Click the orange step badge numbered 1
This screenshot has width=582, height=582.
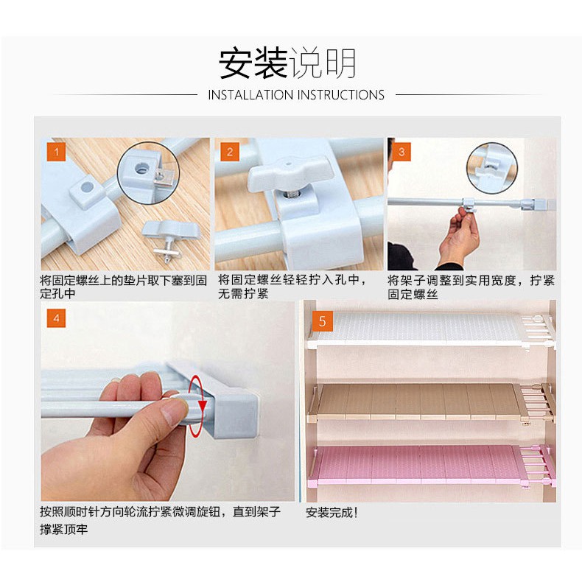click(57, 152)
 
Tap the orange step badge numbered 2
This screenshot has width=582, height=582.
click(230, 152)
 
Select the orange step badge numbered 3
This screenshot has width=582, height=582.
click(402, 152)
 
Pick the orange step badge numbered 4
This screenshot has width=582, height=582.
click(57, 318)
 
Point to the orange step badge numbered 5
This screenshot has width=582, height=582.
click(323, 321)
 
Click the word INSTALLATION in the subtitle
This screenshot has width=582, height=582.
click(250, 95)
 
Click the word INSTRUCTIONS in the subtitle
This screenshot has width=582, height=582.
click(341, 95)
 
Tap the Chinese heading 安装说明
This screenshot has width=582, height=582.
click(287, 63)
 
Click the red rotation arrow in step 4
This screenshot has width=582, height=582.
click(197, 406)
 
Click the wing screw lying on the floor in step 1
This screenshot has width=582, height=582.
click(170, 239)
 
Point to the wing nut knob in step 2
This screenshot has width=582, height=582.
click(287, 172)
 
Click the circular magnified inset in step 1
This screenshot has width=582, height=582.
click(149, 172)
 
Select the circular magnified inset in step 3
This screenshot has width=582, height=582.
click(492, 168)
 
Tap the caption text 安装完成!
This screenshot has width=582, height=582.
click(332, 513)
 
